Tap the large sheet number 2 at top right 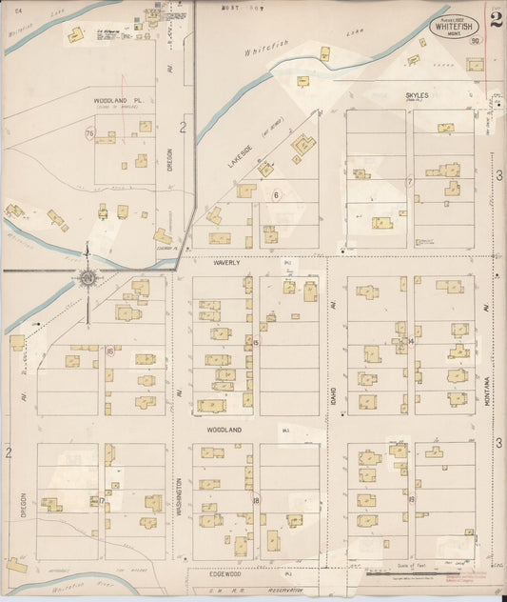pos(495,19)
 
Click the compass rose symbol pos(87,278)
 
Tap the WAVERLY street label pos(225,261)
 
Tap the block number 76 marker pos(89,134)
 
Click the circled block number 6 pos(277,195)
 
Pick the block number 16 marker pos(110,351)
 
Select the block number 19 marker pos(411,499)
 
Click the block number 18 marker pos(256,499)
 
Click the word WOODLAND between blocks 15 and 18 pos(225,430)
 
